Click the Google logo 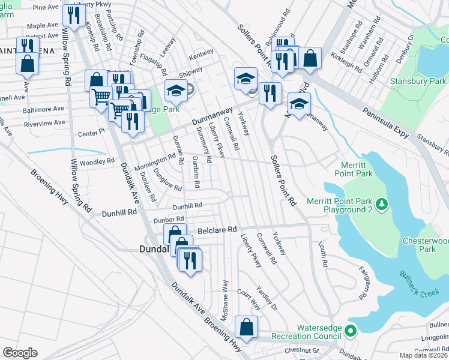[20, 353]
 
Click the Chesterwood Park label [426, 244]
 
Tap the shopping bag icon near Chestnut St [246, 327]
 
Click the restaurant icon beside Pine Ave [74, 15]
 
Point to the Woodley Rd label [97, 161]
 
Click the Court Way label [248, 298]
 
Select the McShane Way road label [225, 299]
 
